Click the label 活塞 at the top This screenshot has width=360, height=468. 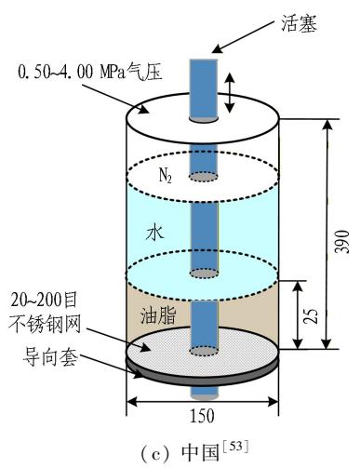300,23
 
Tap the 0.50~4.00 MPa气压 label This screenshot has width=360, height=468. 90,72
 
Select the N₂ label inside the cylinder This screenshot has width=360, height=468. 166,176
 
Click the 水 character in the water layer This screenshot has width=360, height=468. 154,233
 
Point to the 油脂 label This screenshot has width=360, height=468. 158,315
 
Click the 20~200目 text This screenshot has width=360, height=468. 44,301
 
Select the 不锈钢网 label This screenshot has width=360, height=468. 45,324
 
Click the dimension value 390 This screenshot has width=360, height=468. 343,242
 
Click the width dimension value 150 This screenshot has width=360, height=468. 202,416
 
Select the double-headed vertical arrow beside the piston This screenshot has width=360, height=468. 230,92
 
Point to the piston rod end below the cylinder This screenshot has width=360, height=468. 204,394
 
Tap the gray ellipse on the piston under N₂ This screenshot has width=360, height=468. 204,177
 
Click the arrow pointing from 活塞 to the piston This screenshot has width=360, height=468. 244,37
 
